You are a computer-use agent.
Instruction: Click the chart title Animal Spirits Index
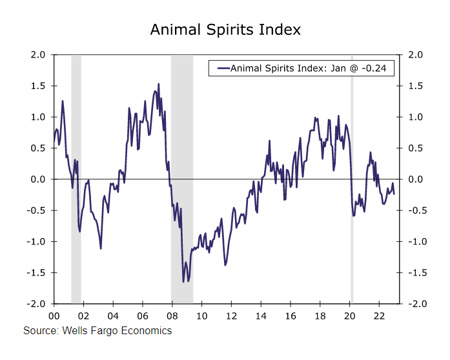(225, 30)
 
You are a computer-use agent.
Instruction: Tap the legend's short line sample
(223, 68)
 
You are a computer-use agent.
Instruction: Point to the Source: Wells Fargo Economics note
(97, 331)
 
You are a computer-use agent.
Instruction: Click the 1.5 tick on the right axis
(412, 86)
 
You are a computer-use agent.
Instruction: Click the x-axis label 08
(172, 315)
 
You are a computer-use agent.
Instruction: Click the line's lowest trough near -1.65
(183, 281)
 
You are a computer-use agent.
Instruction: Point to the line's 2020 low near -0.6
(353, 215)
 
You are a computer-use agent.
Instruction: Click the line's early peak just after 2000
(63, 101)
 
